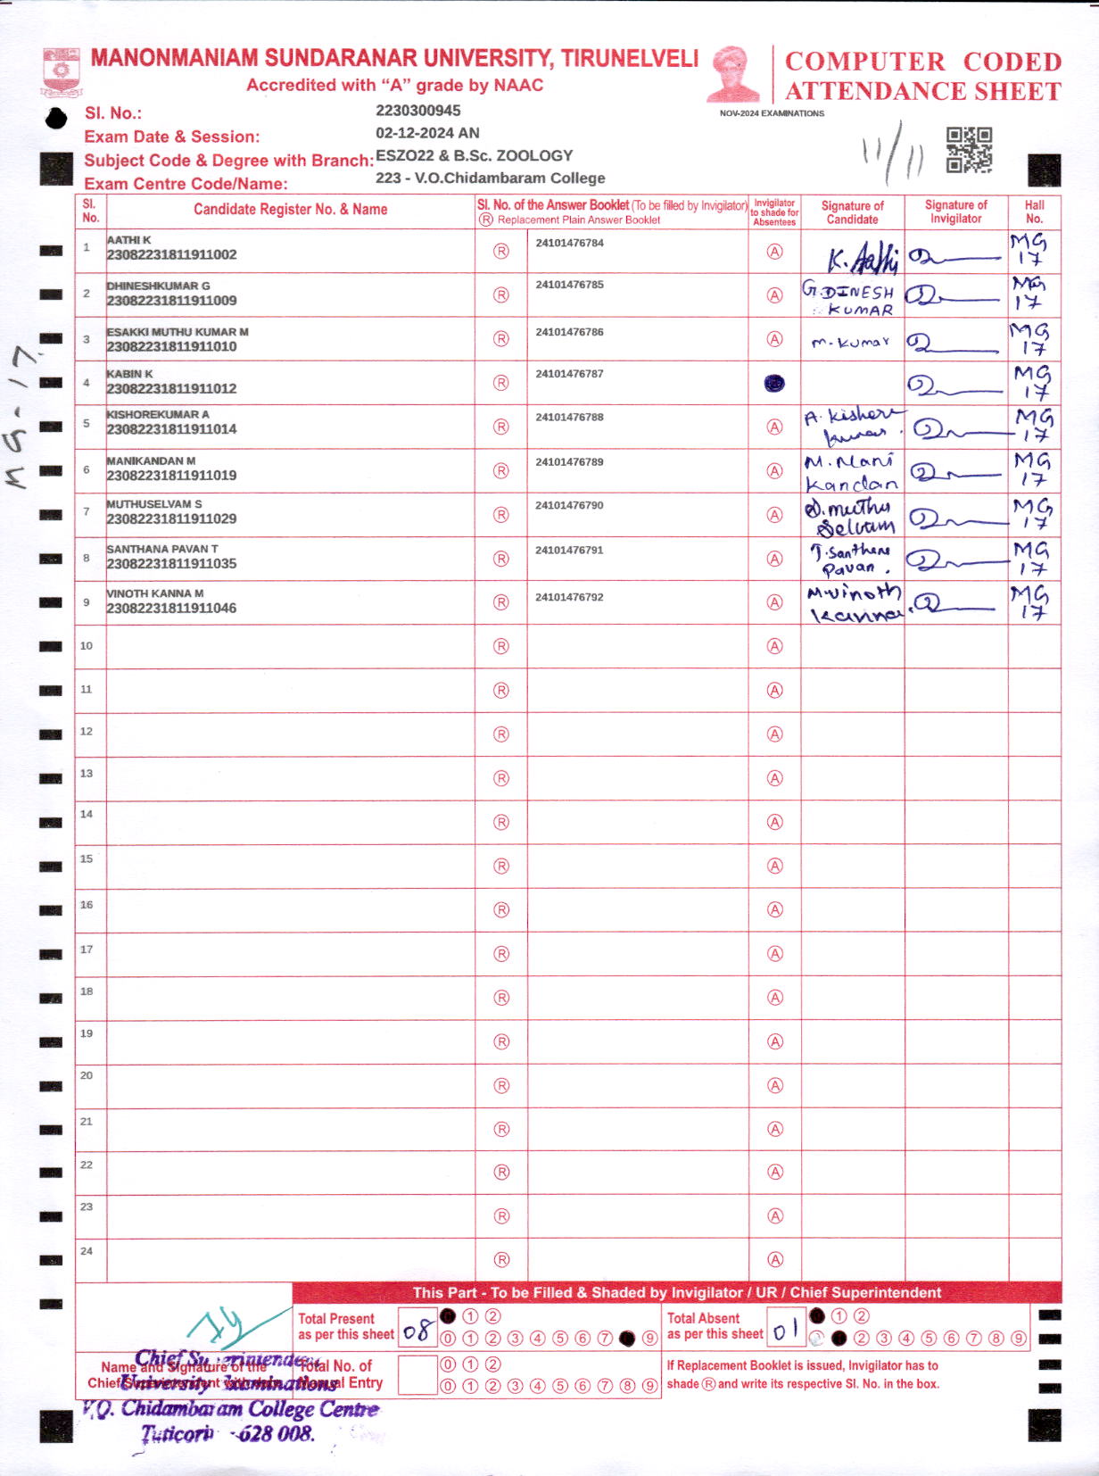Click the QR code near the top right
tap(969, 149)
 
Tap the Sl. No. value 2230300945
tap(418, 111)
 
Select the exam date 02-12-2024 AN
tap(427, 133)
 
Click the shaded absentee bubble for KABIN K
tap(774, 383)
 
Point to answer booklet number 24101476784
tap(569, 243)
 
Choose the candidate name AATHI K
tap(128, 240)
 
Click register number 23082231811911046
tap(171, 609)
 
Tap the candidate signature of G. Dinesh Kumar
tap(850, 299)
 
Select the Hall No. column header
tap(1034, 211)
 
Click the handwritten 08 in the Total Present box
tap(417, 1332)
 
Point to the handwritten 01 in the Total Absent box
tap(785, 1331)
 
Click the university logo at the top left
tap(62, 72)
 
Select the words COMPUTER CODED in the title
tap(922, 62)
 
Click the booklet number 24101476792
tap(569, 597)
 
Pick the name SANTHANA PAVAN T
tap(162, 549)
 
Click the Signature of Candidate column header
tap(852, 212)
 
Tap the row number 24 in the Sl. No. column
tap(87, 1251)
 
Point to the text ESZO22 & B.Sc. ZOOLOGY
tap(474, 155)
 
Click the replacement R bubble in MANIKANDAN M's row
tap(501, 471)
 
